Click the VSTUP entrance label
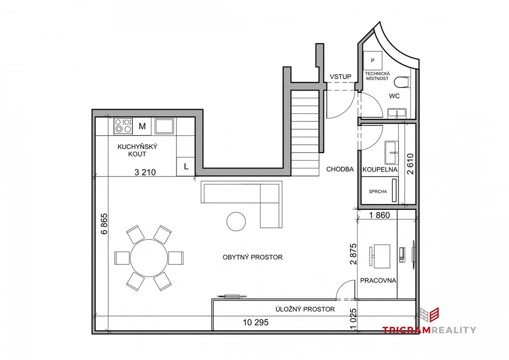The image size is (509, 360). pyautogui.click(x=340, y=77)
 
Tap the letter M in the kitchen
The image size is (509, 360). pyautogui.click(x=142, y=126)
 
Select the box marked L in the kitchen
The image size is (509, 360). pyautogui.click(x=186, y=167)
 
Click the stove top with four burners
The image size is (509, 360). pyautogui.click(x=123, y=126)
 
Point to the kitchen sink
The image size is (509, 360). pyautogui.click(x=164, y=126)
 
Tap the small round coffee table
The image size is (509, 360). pyautogui.click(x=236, y=221)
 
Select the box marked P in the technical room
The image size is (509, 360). pyautogui.click(x=372, y=60)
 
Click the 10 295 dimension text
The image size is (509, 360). pyautogui.click(x=256, y=322)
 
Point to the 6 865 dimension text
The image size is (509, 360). pyautogui.click(x=104, y=224)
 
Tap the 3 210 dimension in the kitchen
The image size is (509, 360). pyautogui.click(x=145, y=172)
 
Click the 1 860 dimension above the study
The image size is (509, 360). pyautogui.click(x=379, y=215)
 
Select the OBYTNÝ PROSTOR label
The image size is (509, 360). pyautogui.click(x=253, y=257)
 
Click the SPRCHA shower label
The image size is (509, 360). pyautogui.click(x=378, y=191)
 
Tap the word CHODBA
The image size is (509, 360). pyautogui.click(x=340, y=169)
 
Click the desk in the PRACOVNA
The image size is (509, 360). pyautogui.click(x=382, y=256)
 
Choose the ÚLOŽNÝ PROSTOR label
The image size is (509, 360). pyautogui.click(x=305, y=309)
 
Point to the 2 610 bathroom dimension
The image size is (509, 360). pyautogui.click(x=410, y=164)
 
